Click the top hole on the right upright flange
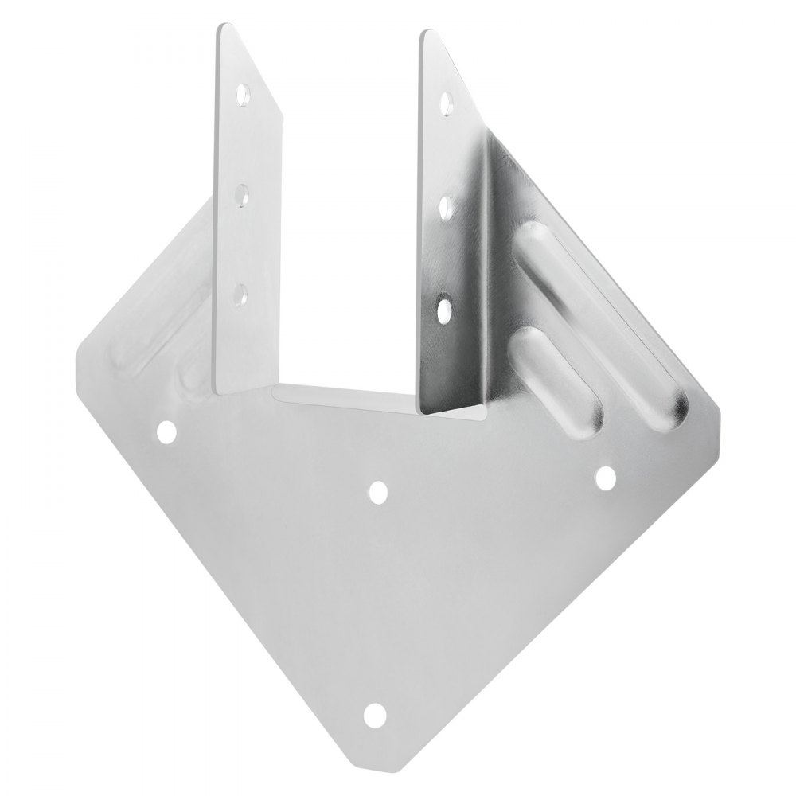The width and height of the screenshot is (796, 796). pyautogui.click(x=447, y=103)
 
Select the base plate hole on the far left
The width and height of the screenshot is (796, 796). pyautogui.click(x=166, y=432)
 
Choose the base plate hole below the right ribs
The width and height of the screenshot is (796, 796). pyautogui.click(x=606, y=476)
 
